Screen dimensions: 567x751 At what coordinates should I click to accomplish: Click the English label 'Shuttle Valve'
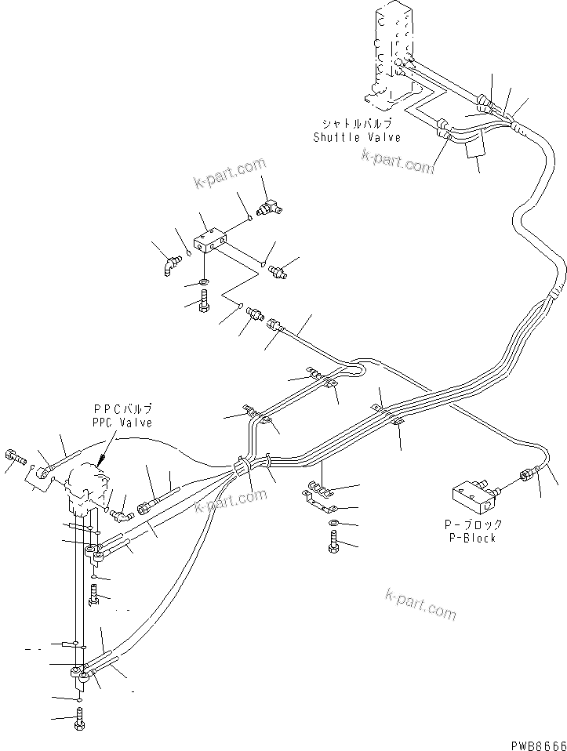pyautogui.click(x=357, y=137)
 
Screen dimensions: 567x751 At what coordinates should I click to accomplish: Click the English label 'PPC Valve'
pyautogui.click(x=122, y=423)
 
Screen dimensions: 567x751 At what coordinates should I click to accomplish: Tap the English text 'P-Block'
pyautogui.click(x=472, y=538)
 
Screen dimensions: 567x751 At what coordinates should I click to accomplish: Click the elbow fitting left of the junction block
pyautogui.click(x=171, y=265)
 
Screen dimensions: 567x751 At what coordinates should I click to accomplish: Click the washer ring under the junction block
pyautogui.click(x=204, y=281)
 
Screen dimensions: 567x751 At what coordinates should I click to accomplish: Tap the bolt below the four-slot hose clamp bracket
pyautogui.click(x=334, y=543)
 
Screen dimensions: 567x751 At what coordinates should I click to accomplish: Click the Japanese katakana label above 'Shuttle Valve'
pyautogui.click(x=357, y=123)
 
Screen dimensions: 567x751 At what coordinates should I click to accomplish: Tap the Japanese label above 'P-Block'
pyautogui.click(x=472, y=524)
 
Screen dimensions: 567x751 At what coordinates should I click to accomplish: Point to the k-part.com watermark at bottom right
pyautogui.click(x=420, y=605)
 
